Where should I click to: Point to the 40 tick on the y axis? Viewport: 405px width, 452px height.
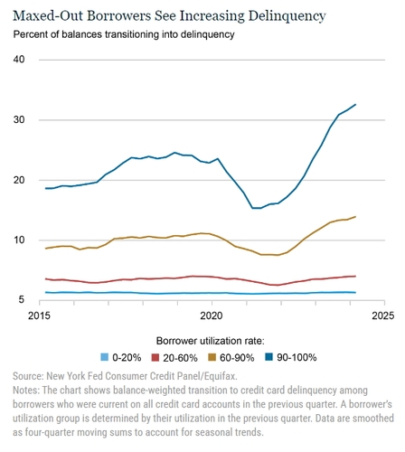click(20, 60)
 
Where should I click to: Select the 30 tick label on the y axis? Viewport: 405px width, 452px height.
click(20, 120)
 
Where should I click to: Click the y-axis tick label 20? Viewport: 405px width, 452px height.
click(20, 180)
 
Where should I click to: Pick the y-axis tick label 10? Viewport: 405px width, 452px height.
click(20, 240)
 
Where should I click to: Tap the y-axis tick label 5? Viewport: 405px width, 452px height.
click(23, 299)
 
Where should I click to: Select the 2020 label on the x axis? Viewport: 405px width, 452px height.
click(212, 316)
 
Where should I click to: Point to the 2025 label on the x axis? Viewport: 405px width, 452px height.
click(381, 316)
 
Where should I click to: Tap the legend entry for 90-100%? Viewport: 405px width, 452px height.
click(298, 357)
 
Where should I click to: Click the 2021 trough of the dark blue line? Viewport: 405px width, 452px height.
click(257, 208)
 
